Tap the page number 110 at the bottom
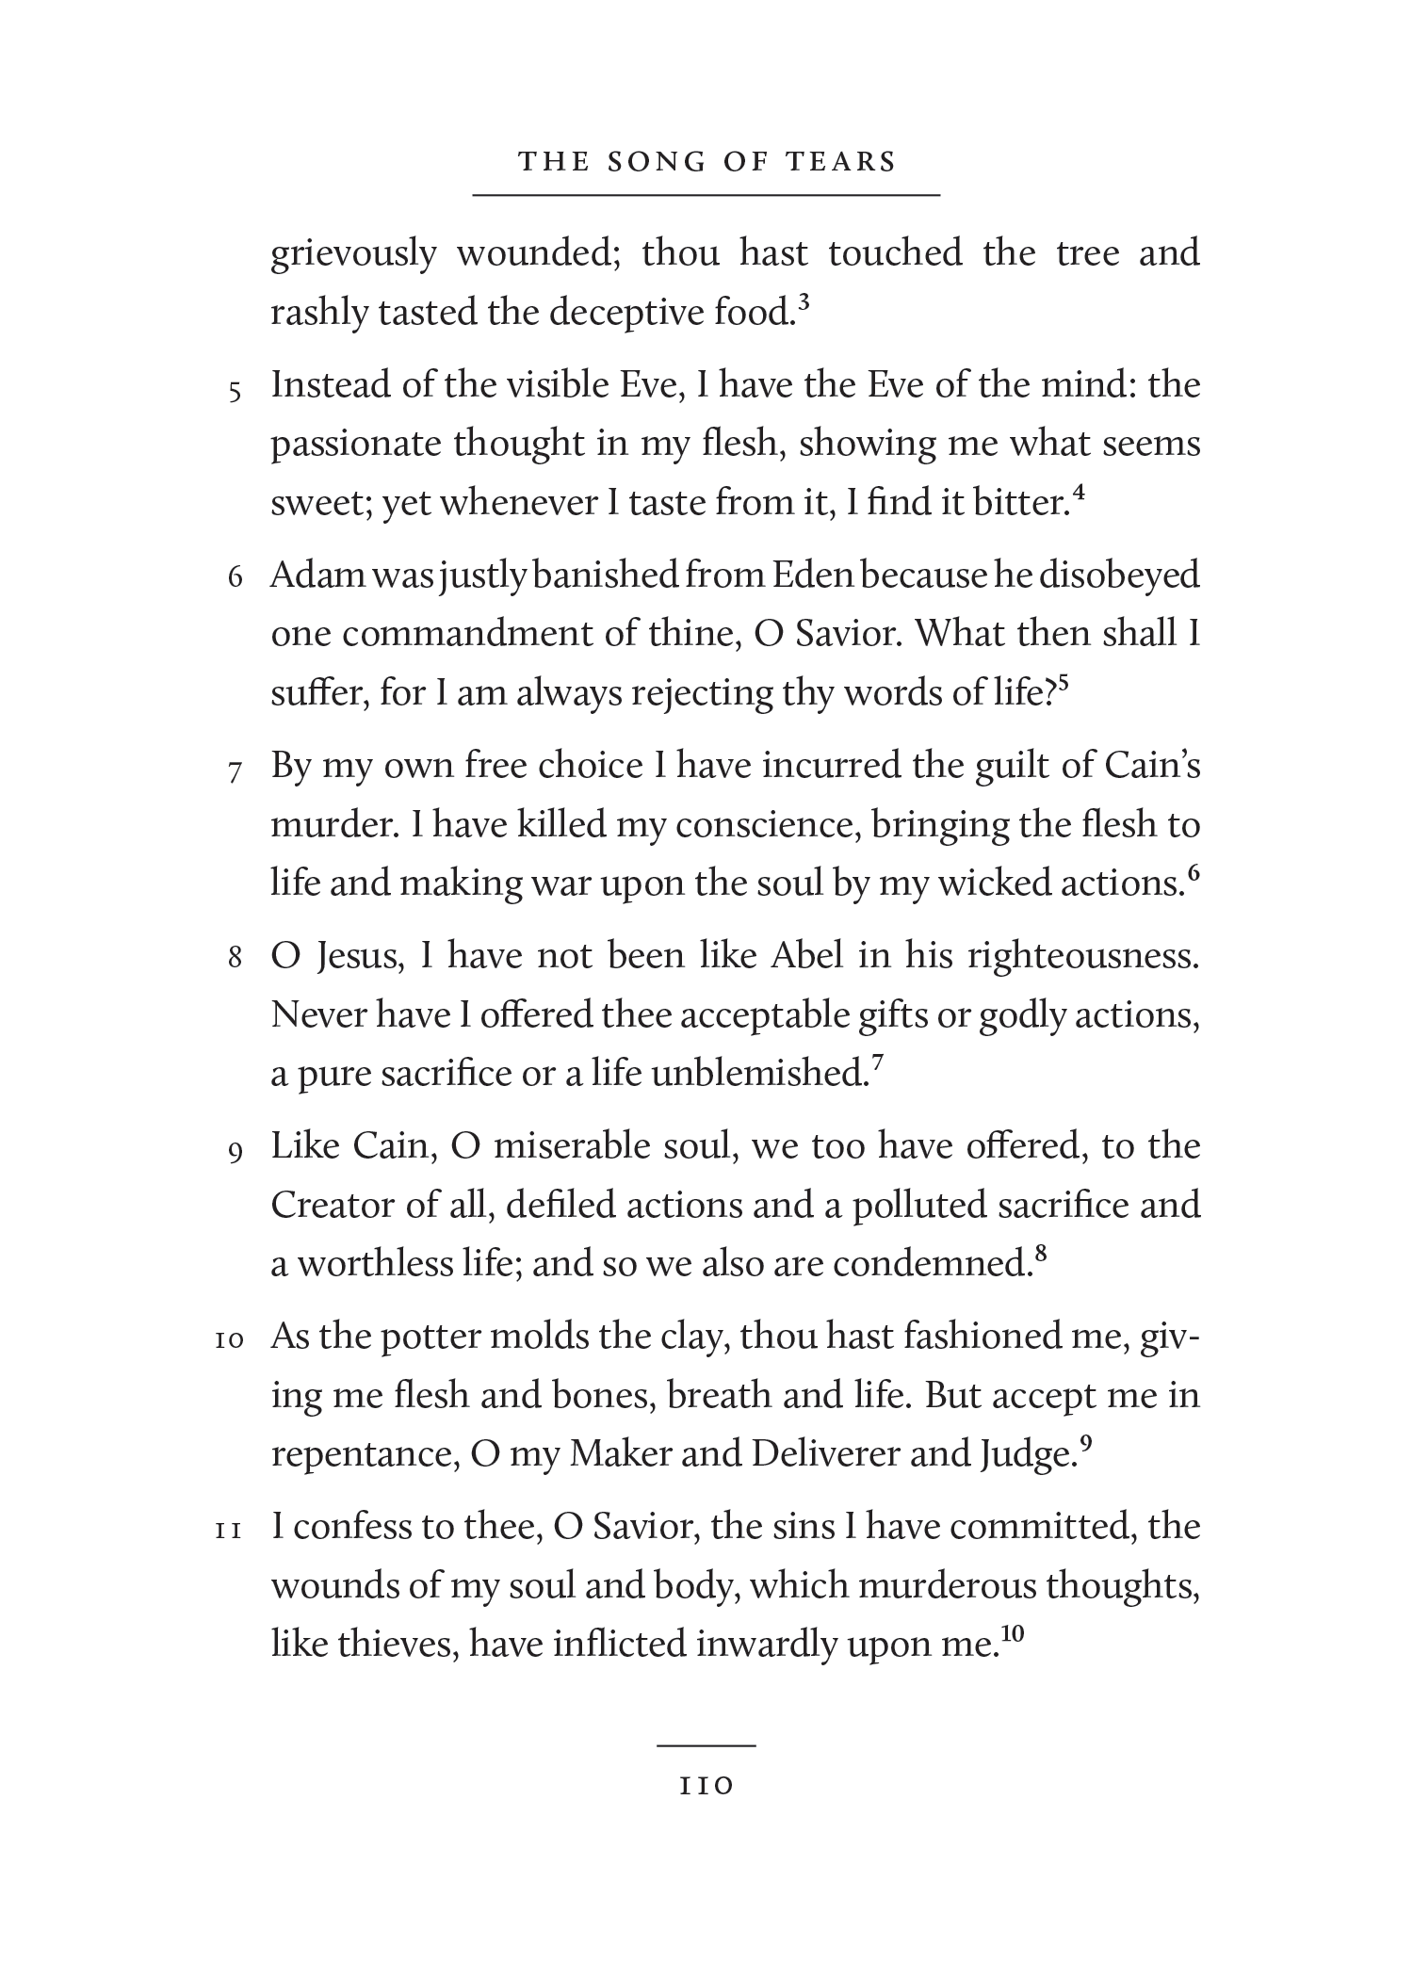[706, 1785]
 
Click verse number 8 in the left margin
[235, 959]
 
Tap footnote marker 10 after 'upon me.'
[1012, 1636]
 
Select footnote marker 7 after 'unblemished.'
[877, 1064]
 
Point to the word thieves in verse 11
[392, 1645]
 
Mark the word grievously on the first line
[353, 254]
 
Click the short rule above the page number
[706, 1745]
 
